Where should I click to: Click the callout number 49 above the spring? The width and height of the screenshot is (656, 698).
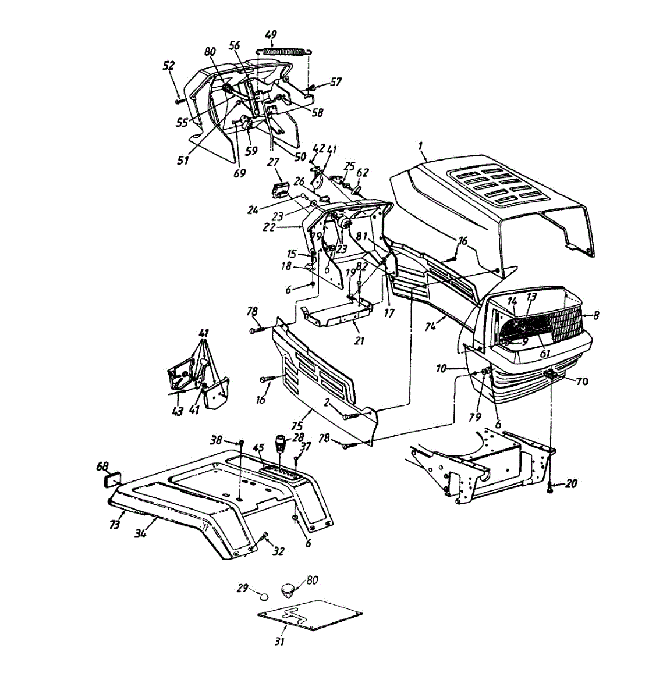pyautogui.click(x=271, y=35)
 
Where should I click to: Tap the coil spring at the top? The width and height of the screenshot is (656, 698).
pyautogui.click(x=285, y=51)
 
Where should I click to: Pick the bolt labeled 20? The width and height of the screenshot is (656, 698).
pyautogui.click(x=551, y=486)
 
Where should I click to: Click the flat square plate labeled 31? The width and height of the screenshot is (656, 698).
pyautogui.click(x=309, y=615)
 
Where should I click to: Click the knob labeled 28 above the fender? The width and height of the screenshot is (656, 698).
pyautogui.click(x=282, y=444)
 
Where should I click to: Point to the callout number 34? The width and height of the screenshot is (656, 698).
pyautogui.click(x=140, y=531)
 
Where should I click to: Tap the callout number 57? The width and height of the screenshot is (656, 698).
pyautogui.click(x=336, y=83)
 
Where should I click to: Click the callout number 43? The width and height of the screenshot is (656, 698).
pyautogui.click(x=177, y=411)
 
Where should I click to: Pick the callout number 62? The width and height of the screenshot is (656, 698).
pyautogui.click(x=363, y=172)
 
